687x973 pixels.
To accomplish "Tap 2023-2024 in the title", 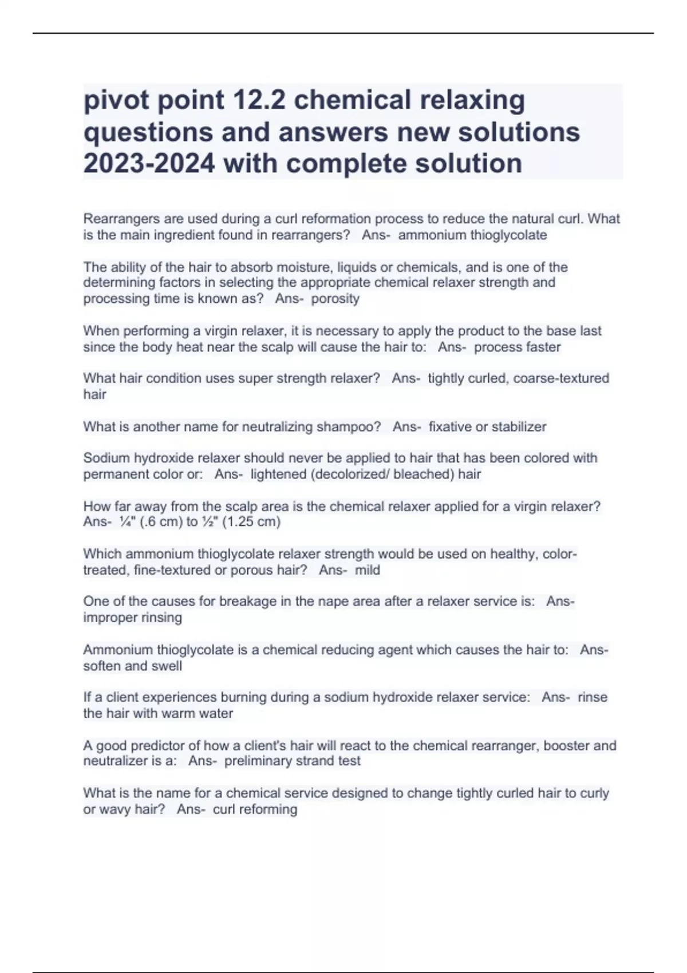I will [149, 164].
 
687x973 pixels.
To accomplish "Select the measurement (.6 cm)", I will [157, 522].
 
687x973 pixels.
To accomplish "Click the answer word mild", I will [368, 570].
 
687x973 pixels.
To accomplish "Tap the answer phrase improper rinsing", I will [133, 618].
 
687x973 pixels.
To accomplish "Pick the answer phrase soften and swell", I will [133, 666].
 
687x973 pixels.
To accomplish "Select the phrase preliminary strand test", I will [293, 761].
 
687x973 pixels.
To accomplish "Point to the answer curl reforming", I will [255, 809].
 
